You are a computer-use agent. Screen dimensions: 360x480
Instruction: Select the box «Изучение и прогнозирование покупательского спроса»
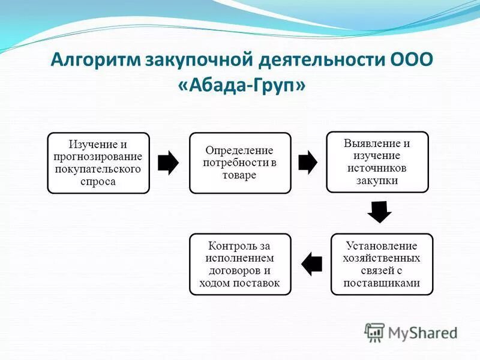click(x=98, y=163)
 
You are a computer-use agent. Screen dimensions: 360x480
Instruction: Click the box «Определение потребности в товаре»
click(x=240, y=163)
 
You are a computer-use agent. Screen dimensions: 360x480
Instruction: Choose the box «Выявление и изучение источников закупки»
click(x=377, y=162)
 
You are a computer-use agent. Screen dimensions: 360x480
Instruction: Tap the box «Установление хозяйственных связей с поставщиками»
click(x=382, y=264)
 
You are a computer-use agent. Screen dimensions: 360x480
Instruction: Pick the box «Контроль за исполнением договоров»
click(x=240, y=264)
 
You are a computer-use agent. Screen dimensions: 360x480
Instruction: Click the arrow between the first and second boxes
click(x=169, y=163)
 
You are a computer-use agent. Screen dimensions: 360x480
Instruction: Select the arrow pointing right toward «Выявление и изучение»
click(x=308, y=163)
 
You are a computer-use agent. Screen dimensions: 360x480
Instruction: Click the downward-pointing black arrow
click(x=379, y=211)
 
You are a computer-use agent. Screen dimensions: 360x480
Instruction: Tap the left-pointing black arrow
click(x=312, y=264)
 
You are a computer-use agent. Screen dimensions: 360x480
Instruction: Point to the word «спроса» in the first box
click(x=98, y=181)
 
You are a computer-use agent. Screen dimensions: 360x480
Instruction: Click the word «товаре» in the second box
click(x=240, y=175)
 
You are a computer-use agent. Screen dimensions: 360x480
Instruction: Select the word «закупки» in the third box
click(x=377, y=180)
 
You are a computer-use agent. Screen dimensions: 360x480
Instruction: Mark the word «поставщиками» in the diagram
click(x=382, y=283)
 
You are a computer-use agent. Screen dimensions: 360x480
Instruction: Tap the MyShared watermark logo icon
click(x=375, y=332)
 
